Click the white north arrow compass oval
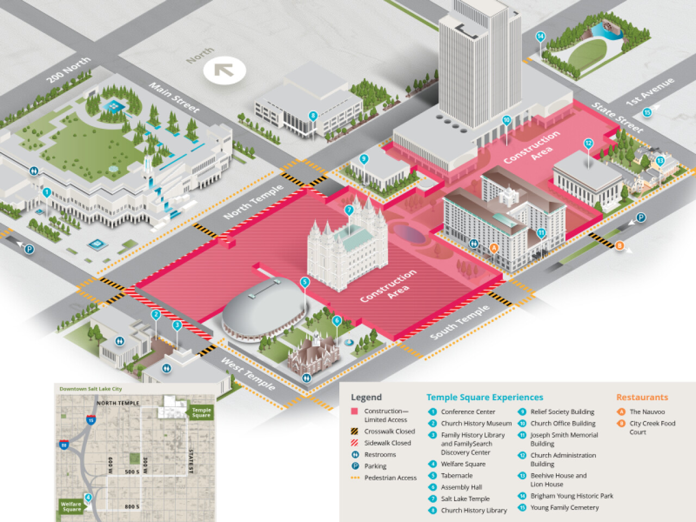[x=225, y=71]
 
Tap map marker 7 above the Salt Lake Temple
[x=349, y=210]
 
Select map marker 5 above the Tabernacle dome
[x=304, y=282]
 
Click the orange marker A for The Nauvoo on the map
[x=494, y=248]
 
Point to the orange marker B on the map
[x=619, y=246]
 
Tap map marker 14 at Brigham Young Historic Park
[x=540, y=37]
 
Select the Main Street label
[x=174, y=98]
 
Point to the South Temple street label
[x=459, y=322]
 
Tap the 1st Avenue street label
[x=650, y=91]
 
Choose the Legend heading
[x=366, y=397]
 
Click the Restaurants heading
[x=642, y=397]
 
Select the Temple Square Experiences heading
[x=484, y=397]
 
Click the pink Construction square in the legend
[x=355, y=412]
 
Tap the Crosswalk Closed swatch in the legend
[x=355, y=432]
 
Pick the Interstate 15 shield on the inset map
[x=90, y=420]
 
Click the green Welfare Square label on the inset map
[x=71, y=506]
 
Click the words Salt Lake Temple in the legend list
[x=465, y=499]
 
